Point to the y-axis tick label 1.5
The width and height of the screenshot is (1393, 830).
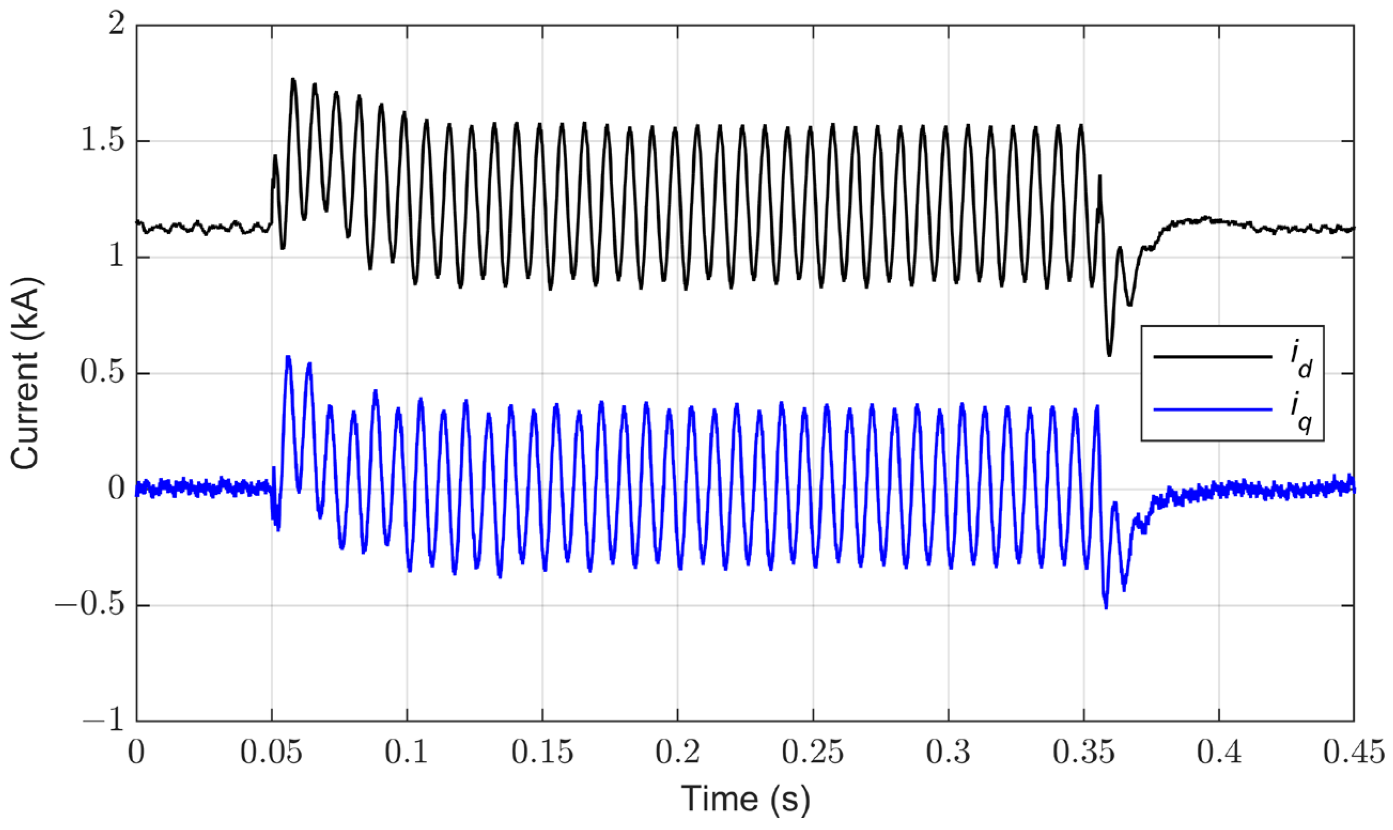[103, 142]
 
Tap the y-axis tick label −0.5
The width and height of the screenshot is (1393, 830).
[89, 606]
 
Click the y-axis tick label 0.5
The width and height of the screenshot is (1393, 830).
[103, 374]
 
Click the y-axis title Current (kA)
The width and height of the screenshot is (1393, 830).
[26, 373]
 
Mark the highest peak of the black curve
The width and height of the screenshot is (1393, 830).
[293, 80]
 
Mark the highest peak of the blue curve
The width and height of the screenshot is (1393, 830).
[289, 356]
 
